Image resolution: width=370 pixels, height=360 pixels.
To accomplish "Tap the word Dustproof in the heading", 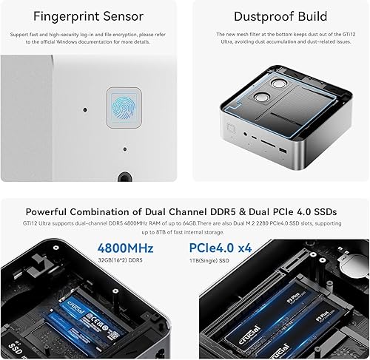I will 260,16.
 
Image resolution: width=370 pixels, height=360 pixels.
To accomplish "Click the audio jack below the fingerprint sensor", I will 124,177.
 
